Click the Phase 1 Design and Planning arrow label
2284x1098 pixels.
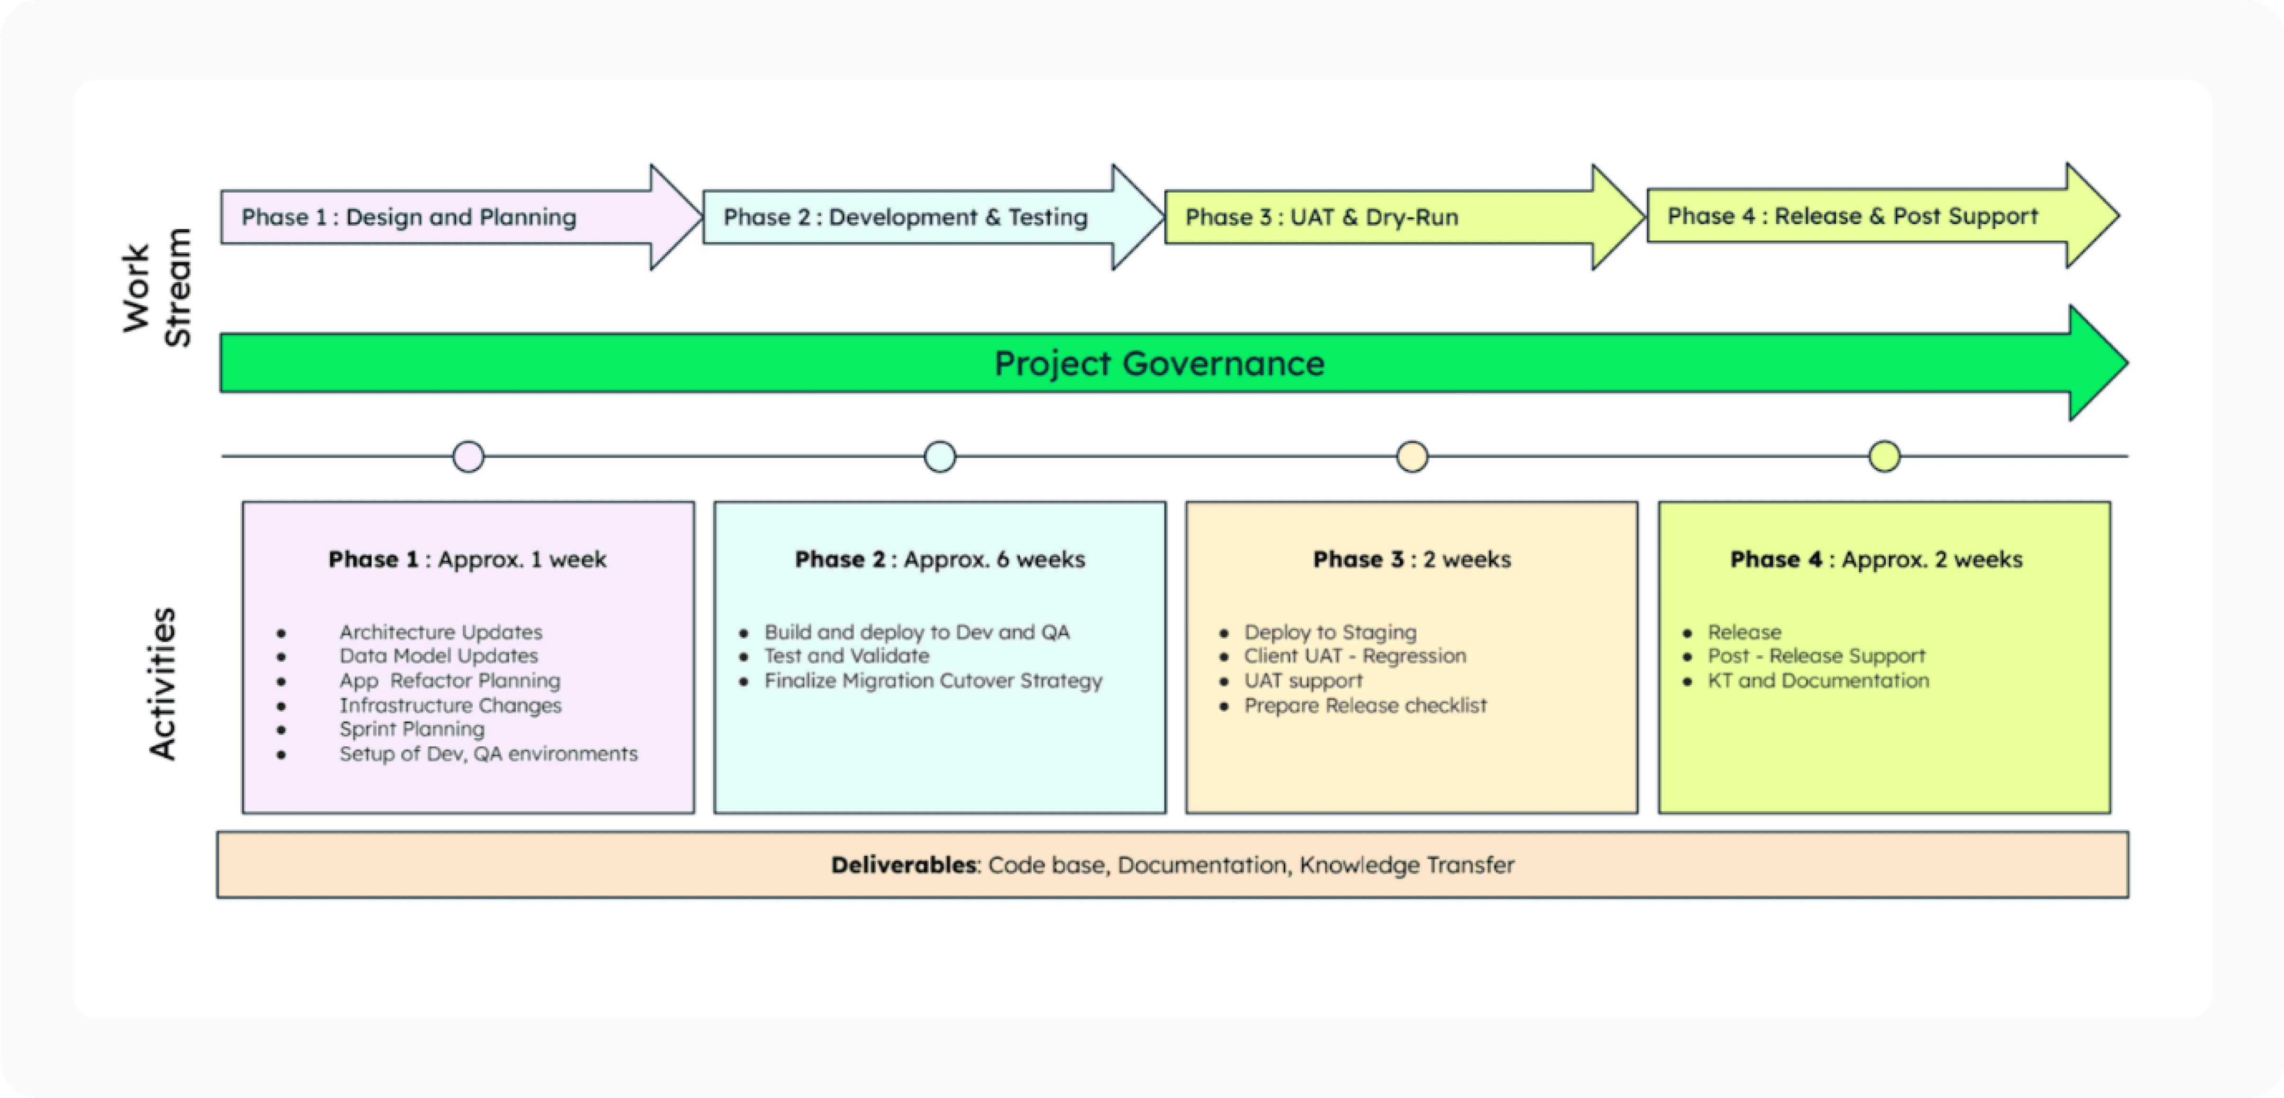[x=409, y=217]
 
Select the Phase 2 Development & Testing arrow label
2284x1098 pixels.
[x=905, y=217]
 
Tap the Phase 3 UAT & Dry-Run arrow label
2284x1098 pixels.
[x=1322, y=217]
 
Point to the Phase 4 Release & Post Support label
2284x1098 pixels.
[x=1853, y=216]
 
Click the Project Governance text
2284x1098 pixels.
[x=1160, y=363]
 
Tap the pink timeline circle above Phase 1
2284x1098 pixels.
[x=468, y=457]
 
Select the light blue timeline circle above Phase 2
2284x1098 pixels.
[x=940, y=457]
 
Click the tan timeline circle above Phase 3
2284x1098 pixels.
[x=1413, y=457]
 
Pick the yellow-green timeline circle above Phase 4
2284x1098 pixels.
[x=1885, y=457]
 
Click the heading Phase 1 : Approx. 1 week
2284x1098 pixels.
[x=467, y=559]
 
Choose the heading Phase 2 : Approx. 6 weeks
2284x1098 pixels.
[x=940, y=559]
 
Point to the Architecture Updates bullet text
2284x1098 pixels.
[x=440, y=632]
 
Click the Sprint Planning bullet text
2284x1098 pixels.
[x=413, y=729]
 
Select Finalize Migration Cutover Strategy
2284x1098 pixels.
[x=934, y=681]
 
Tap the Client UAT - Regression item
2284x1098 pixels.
[x=1355, y=656]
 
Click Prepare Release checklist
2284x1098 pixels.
[x=1366, y=705]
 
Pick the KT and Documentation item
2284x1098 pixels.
[x=1818, y=681]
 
